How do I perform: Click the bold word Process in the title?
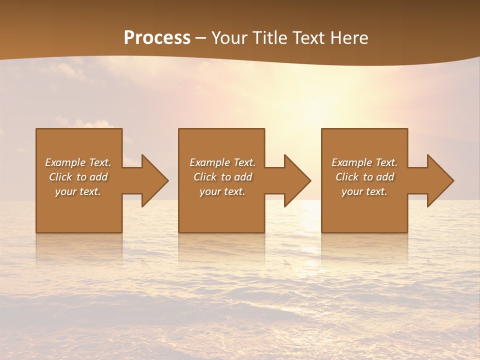click(x=157, y=38)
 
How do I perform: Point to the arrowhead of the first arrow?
click(x=155, y=180)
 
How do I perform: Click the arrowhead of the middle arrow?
click(x=297, y=180)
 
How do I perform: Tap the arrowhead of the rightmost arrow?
click(x=440, y=180)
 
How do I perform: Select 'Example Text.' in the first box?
click(x=78, y=162)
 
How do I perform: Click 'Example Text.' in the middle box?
click(x=222, y=162)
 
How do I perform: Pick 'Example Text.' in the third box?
click(x=364, y=162)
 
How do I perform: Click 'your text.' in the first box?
click(x=78, y=191)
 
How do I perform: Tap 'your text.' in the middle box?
click(x=222, y=191)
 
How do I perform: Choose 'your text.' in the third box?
click(x=364, y=191)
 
